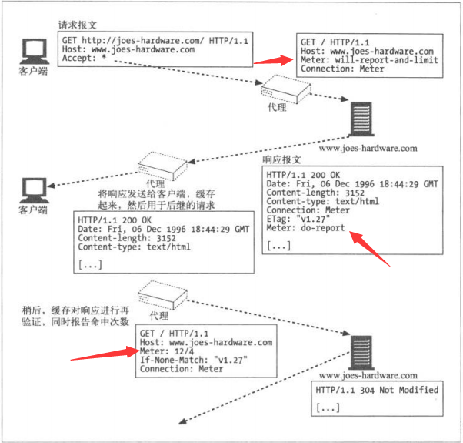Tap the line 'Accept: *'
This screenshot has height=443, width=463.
point(84,58)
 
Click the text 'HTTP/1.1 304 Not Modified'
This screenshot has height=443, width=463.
point(377,390)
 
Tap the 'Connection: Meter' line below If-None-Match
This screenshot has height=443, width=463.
point(182,369)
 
